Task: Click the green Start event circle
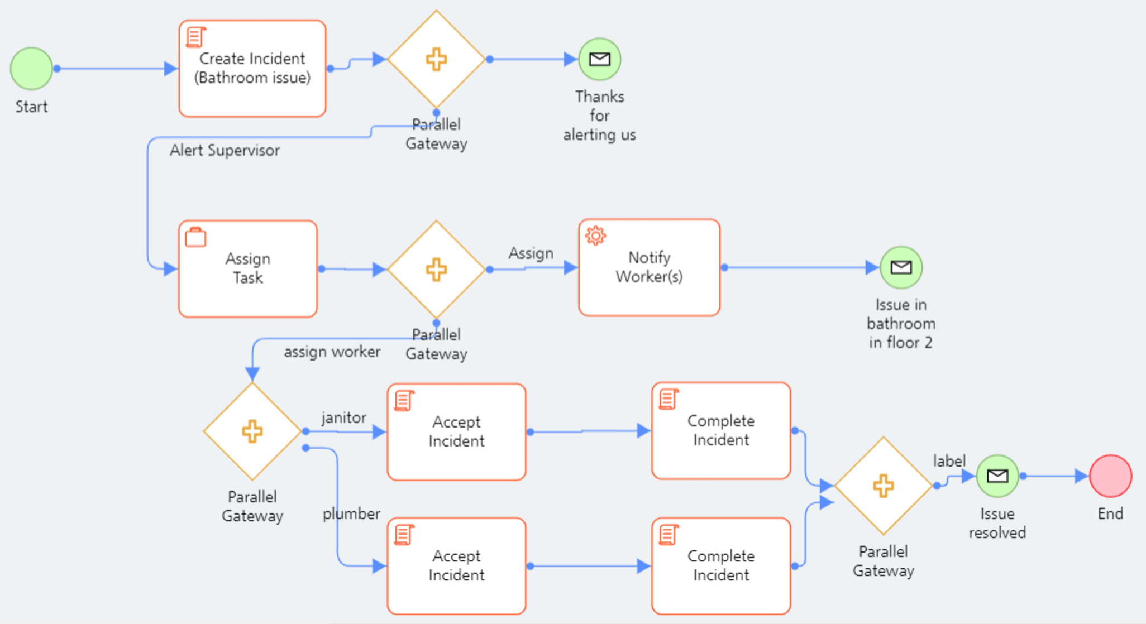pyautogui.click(x=31, y=69)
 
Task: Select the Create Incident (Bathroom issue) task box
pyautogui.click(x=252, y=69)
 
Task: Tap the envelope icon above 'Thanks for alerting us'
pyautogui.click(x=599, y=59)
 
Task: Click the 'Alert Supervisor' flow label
pyautogui.click(x=225, y=151)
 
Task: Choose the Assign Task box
pyautogui.click(x=248, y=268)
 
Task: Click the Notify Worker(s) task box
pyautogui.click(x=649, y=267)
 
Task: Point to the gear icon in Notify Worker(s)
pyautogui.click(x=595, y=236)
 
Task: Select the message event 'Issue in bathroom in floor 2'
pyautogui.click(x=901, y=267)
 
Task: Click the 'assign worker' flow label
pyautogui.click(x=332, y=352)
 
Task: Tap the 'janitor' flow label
pyautogui.click(x=343, y=417)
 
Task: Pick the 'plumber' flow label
pyautogui.click(x=351, y=513)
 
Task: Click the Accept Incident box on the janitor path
pyautogui.click(x=456, y=431)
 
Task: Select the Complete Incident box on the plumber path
pyautogui.click(x=720, y=565)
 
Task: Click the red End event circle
pyautogui.click(x=1110, y=476)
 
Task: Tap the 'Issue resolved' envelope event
pyautogui.click(x=997, y=476)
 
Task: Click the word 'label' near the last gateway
pyautogui.click(x=949, y=461)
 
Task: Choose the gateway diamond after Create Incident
pyautogui.click(x=436, y=59)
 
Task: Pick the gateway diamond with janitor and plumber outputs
pyautogui.click(x=252, y=431)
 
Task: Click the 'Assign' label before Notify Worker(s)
pyautogui.click(x=531, y=253)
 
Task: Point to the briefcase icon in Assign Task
pyautogui.click(x=195, y=238)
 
